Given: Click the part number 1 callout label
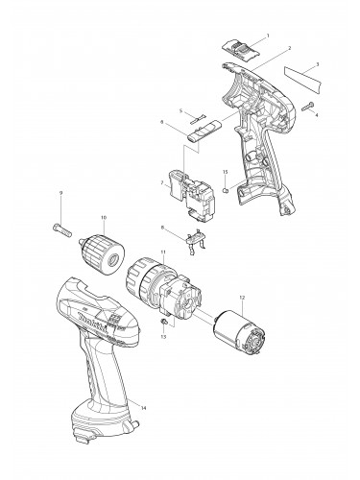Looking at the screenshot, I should (x=267, y=36).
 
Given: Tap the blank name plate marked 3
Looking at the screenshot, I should (x=301, y=74).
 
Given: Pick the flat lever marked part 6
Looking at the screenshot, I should (x=199, y=133).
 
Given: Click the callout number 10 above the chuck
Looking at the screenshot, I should (x=103, y=217).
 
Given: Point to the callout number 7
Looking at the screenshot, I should (x=162, y=182).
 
